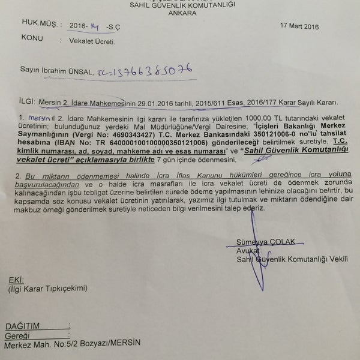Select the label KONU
[32, 37]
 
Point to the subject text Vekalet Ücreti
[83, 42]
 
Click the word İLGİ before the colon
[26, 102]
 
